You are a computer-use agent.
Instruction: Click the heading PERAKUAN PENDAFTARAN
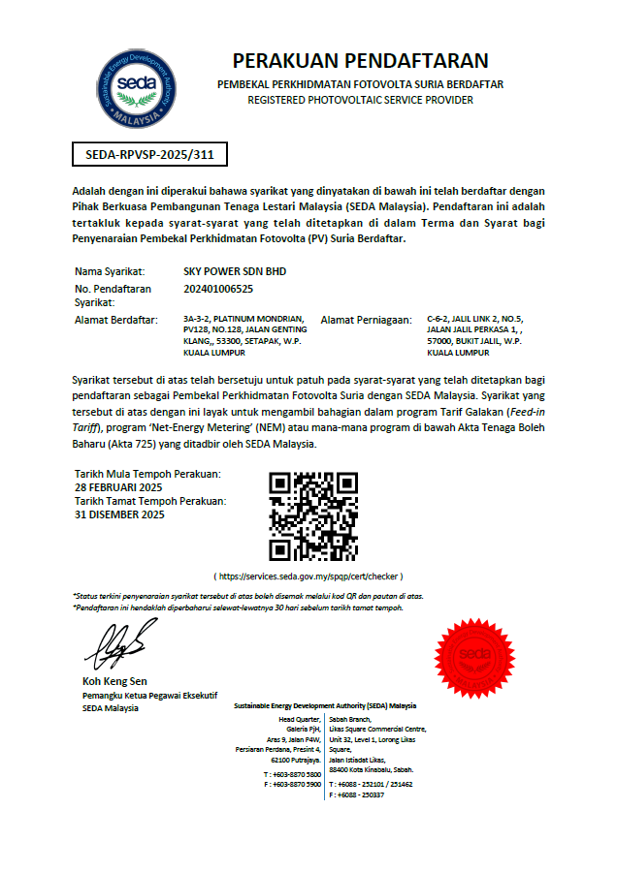tap(360, 61)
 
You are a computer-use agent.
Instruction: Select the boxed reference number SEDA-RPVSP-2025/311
tap(150, 154)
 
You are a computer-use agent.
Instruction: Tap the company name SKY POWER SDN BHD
tap(228, 271)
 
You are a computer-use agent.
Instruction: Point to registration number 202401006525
tap(218, 289)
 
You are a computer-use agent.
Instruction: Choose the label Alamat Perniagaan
tap(366, 319)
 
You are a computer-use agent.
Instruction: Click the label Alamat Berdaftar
tap(115, 319)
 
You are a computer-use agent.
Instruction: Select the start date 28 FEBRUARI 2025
tap(118, 486)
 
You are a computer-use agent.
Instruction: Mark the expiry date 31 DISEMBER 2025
tap(119, 514)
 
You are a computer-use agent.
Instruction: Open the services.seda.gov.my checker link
tap(308, 576)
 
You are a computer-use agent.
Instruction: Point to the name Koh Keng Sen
tap(114, 681)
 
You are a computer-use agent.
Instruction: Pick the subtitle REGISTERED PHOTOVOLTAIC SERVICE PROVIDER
tap(360, 100)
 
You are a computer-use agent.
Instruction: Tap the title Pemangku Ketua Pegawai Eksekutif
tap(149, 696)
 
